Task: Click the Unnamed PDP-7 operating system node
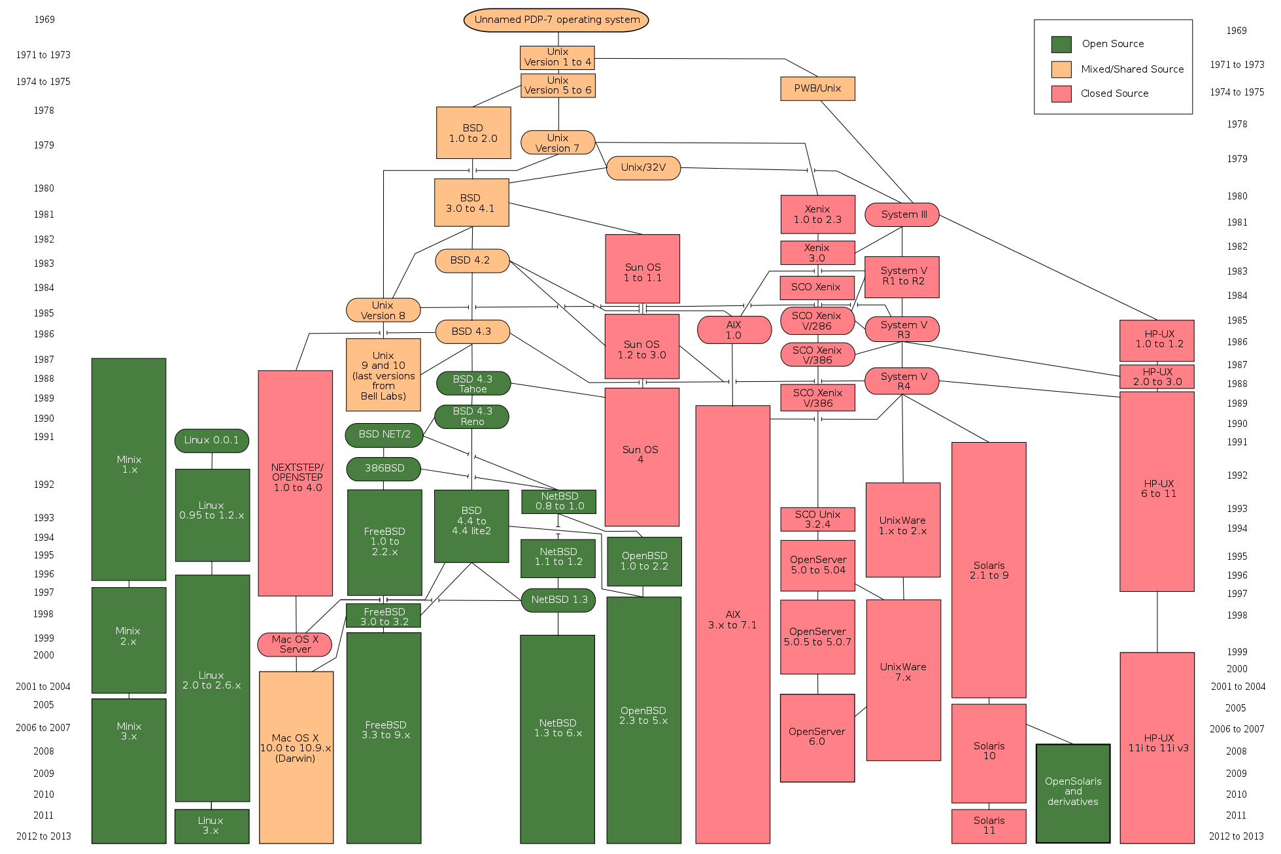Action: click(556, 20)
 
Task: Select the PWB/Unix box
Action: click(817, 88)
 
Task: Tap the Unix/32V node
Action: click(643, 167)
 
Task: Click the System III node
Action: click(902, 214)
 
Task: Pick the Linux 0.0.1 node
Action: click(211, 440)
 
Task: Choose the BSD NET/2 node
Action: click(384, 434)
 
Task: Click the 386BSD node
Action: click(384, 468)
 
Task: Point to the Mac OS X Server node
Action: click(295, 644)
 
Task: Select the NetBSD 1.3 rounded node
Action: click(558, 600)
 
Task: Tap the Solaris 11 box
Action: click(988, 825)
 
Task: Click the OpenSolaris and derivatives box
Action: click(1072, 792)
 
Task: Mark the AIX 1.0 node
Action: click(734, 330)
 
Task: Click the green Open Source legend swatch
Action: click(1061, 44)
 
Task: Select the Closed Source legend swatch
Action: click(1061, 94)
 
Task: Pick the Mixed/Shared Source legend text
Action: click(1132, 69)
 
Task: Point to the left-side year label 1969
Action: click(44, 20)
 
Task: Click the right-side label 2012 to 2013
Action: click(1236, 836)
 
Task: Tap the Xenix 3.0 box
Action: click(817, 252)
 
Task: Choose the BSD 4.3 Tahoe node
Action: click(473, 384)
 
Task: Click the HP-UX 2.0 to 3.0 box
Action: click(1157, 377)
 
